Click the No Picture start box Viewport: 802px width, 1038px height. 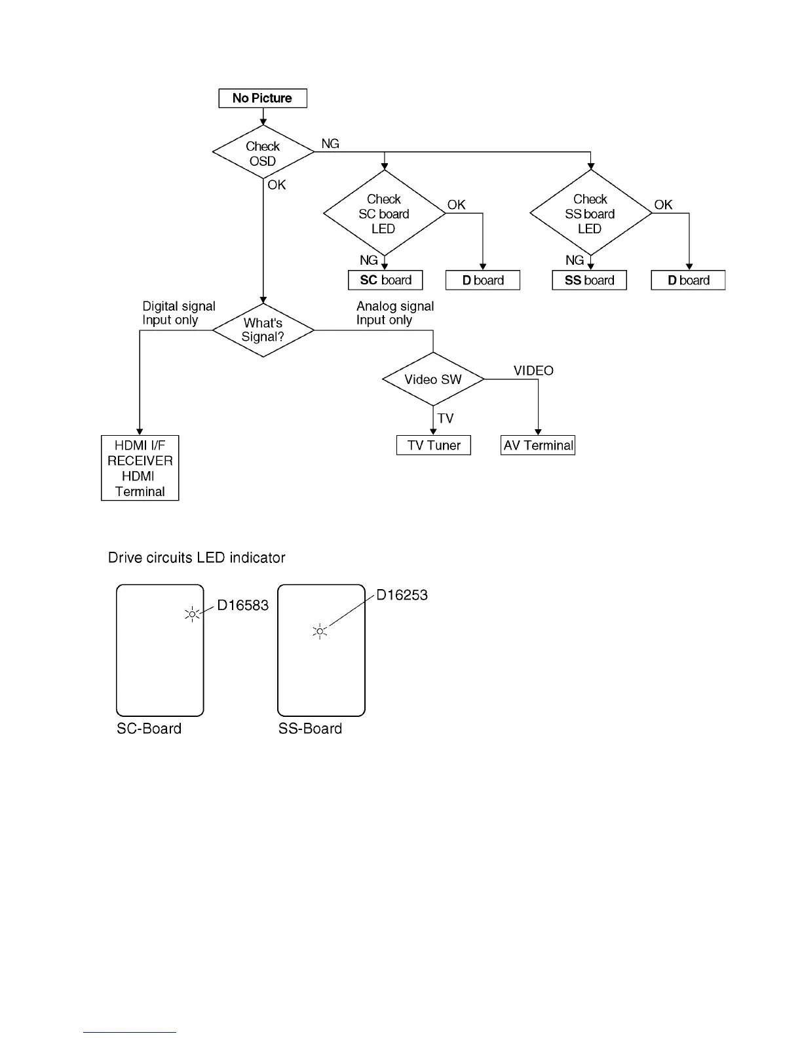(x=262, y=98)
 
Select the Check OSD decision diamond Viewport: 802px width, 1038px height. (x=263, y=153)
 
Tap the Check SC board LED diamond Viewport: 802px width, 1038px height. (x=384, y=214)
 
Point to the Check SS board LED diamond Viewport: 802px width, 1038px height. (x=590, y=214)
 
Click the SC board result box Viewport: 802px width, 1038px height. (x=385, y=280)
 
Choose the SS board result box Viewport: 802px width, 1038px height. (x=589, y=280)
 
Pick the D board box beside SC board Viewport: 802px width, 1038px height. (x=482, y=280)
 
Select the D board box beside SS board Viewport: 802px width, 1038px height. (x=688, y=280)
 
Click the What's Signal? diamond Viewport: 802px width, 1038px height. (x=263, y=330)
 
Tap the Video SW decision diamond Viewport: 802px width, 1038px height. (x=433, y=379)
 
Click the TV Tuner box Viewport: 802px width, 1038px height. (x=434, y=446)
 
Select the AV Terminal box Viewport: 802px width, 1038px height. (x=538, y=446)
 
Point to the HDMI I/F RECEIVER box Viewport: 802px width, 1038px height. (x=140, y=468)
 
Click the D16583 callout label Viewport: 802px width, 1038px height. (x=242, y=605)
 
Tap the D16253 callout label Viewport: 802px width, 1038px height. (x=402, y=595)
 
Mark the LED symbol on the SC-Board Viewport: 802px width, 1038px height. (x=192, y=615)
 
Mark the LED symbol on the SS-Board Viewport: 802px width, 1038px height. (x=320, y=632)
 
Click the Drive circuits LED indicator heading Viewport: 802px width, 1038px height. (x=197, y=558)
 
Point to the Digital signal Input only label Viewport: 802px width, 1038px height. (x=178, y=313)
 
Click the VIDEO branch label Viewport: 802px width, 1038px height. (x=533, y=371)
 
